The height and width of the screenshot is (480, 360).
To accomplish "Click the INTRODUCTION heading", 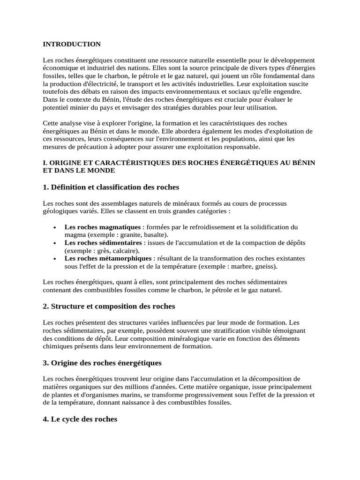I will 72,45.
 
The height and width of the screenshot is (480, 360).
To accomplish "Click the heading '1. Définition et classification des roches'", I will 111,187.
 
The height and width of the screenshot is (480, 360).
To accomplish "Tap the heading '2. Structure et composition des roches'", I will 109,306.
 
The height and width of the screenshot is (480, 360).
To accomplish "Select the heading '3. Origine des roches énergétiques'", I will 102,363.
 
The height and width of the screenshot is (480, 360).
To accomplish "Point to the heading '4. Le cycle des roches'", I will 80,419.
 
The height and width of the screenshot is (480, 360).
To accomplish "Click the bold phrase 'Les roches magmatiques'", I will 102,227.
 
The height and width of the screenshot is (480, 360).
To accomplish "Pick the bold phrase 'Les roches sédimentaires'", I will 103,243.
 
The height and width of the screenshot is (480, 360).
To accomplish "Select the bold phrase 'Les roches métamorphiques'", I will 108,258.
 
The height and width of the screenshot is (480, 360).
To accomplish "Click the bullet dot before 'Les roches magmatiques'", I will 55,227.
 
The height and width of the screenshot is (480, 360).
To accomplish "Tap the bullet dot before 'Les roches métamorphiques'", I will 55,259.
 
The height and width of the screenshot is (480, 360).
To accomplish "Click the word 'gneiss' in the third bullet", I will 266,266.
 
